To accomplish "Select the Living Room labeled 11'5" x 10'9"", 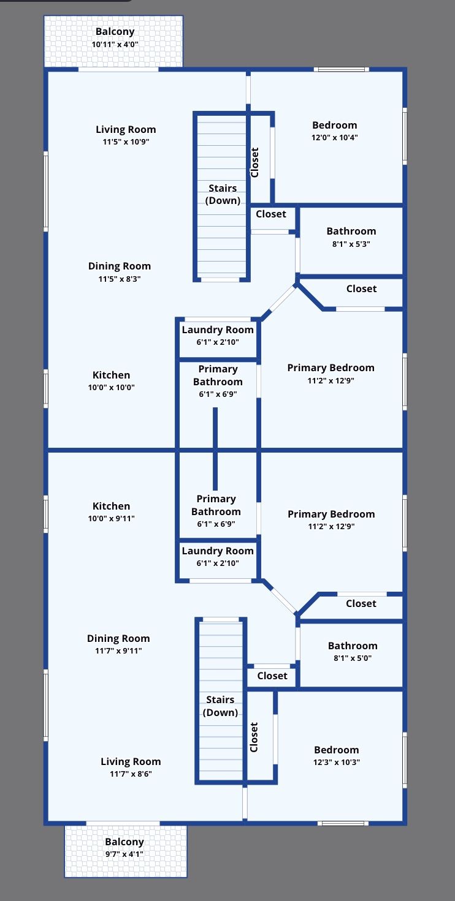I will click(x=126, y=135).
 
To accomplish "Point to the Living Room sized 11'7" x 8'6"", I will click(x=131, y=767).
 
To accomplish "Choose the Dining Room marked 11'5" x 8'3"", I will click(x=119, y=271).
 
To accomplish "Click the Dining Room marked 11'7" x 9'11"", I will click(x=118, y=644).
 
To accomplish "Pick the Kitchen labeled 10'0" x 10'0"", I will click(x=112, y=380).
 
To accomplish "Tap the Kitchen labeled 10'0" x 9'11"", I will click(x=112, y=511).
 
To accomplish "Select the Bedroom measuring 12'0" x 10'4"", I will click(x=334, y=130).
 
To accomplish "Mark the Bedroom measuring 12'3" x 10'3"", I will click(x=336, y=755).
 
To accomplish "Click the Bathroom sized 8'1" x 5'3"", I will click(x=351, y=236).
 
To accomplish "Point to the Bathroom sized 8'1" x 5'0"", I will click(x=352, y=651).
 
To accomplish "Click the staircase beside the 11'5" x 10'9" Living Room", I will click(x=222, y=195).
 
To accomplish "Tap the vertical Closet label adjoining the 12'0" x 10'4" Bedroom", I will click(x=255, y=162).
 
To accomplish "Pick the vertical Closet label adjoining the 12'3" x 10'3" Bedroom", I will click(x=254, y=737).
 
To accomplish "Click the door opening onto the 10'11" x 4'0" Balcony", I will click(x=118, y=70).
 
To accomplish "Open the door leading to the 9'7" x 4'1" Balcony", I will click(x=123, y=823).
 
